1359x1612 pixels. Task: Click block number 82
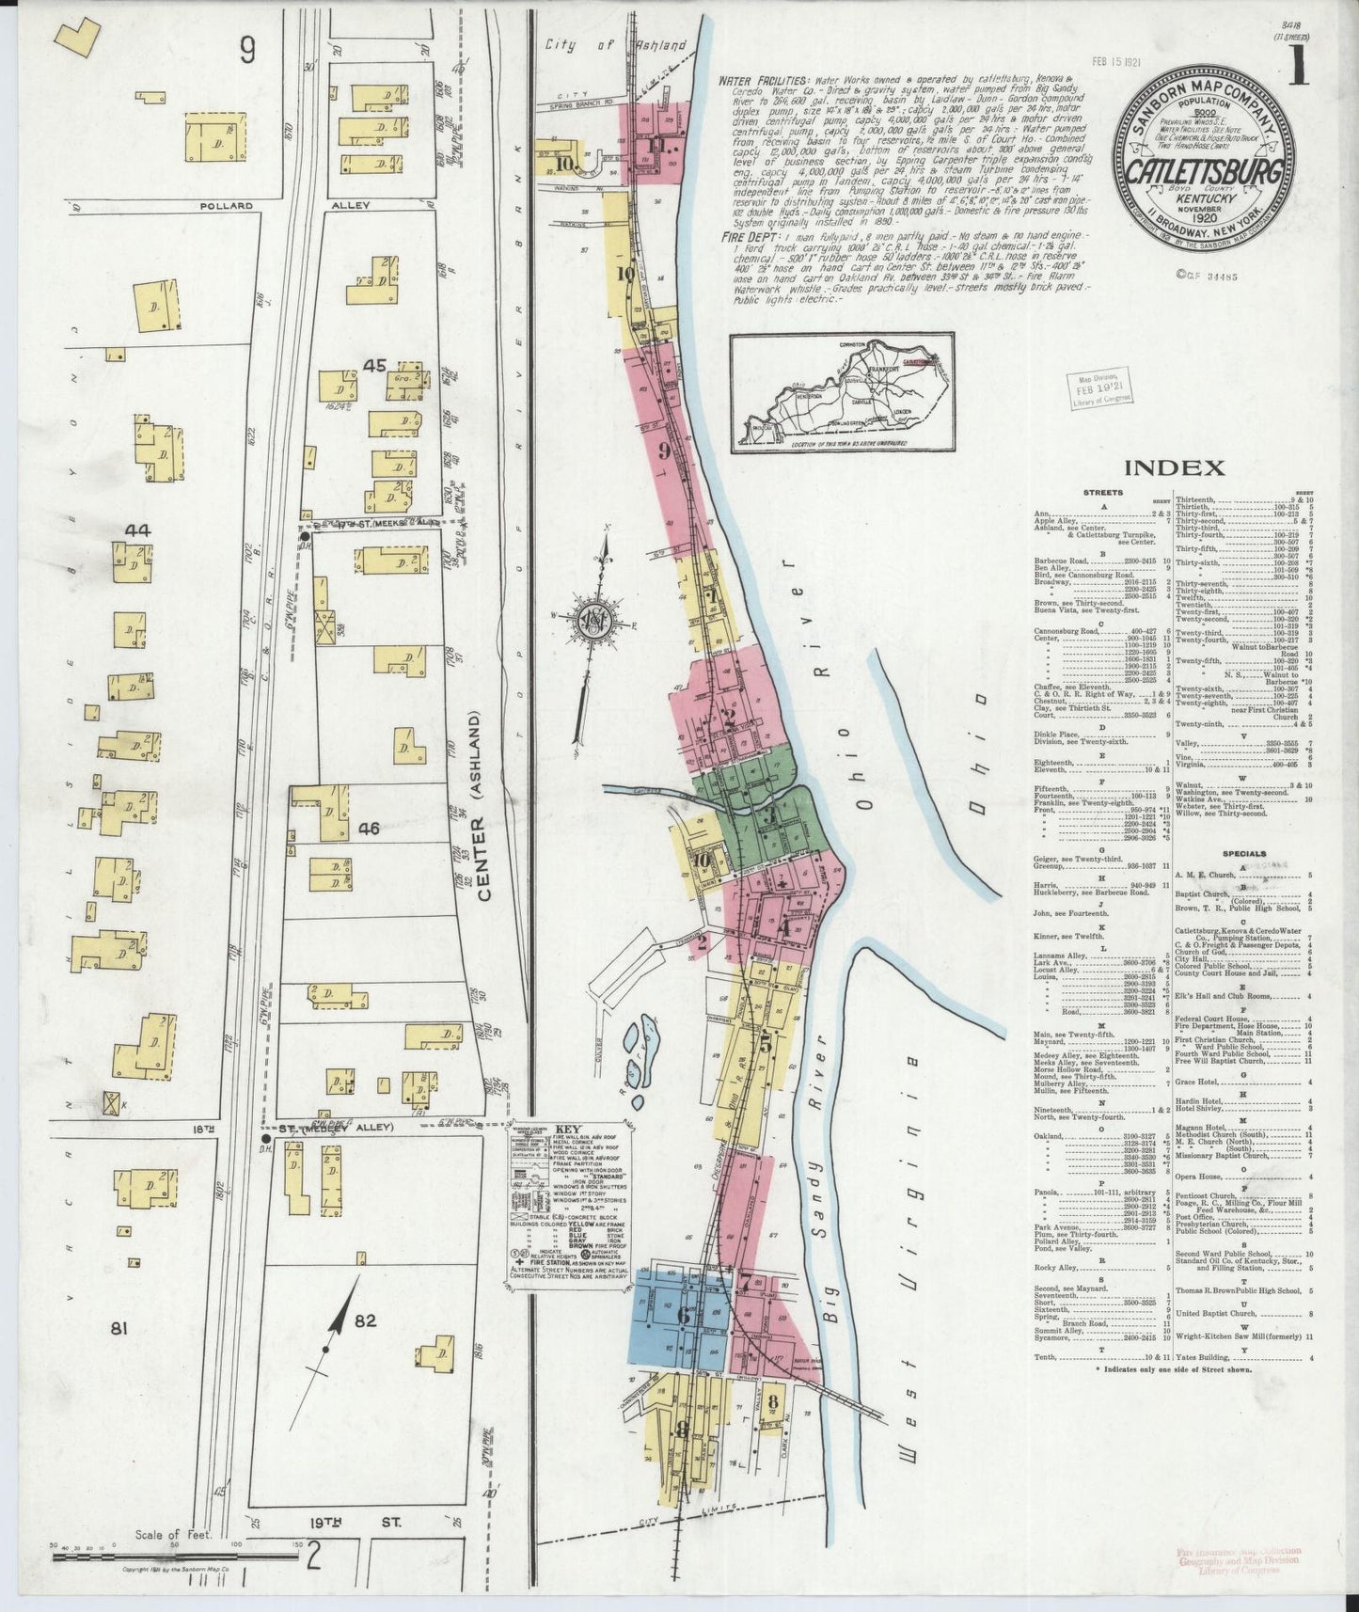coord(365,1320)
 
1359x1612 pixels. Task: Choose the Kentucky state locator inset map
coord(843,394)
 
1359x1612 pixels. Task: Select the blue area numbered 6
coord(680,1316)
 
